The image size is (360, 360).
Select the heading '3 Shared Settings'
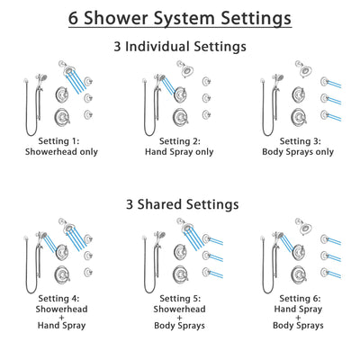pyautogui.click(x=180, y=204)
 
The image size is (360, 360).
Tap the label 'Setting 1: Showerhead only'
pyautogui.click(x=58, y=148)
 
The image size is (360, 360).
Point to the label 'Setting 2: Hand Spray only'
pyautogui.click(x=180, y=148)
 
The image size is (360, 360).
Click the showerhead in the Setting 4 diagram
pyautogui.click(x=66, y=226)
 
